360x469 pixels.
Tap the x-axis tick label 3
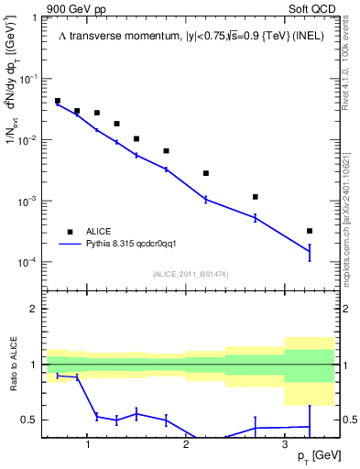(285, 443)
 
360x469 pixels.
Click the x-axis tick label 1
(87, 443)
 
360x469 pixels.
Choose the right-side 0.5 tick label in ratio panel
(349, 420)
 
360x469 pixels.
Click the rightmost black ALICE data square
(310, 231)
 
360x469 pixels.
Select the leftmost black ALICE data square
(58, 102)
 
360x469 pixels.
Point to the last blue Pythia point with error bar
(310, 251)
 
